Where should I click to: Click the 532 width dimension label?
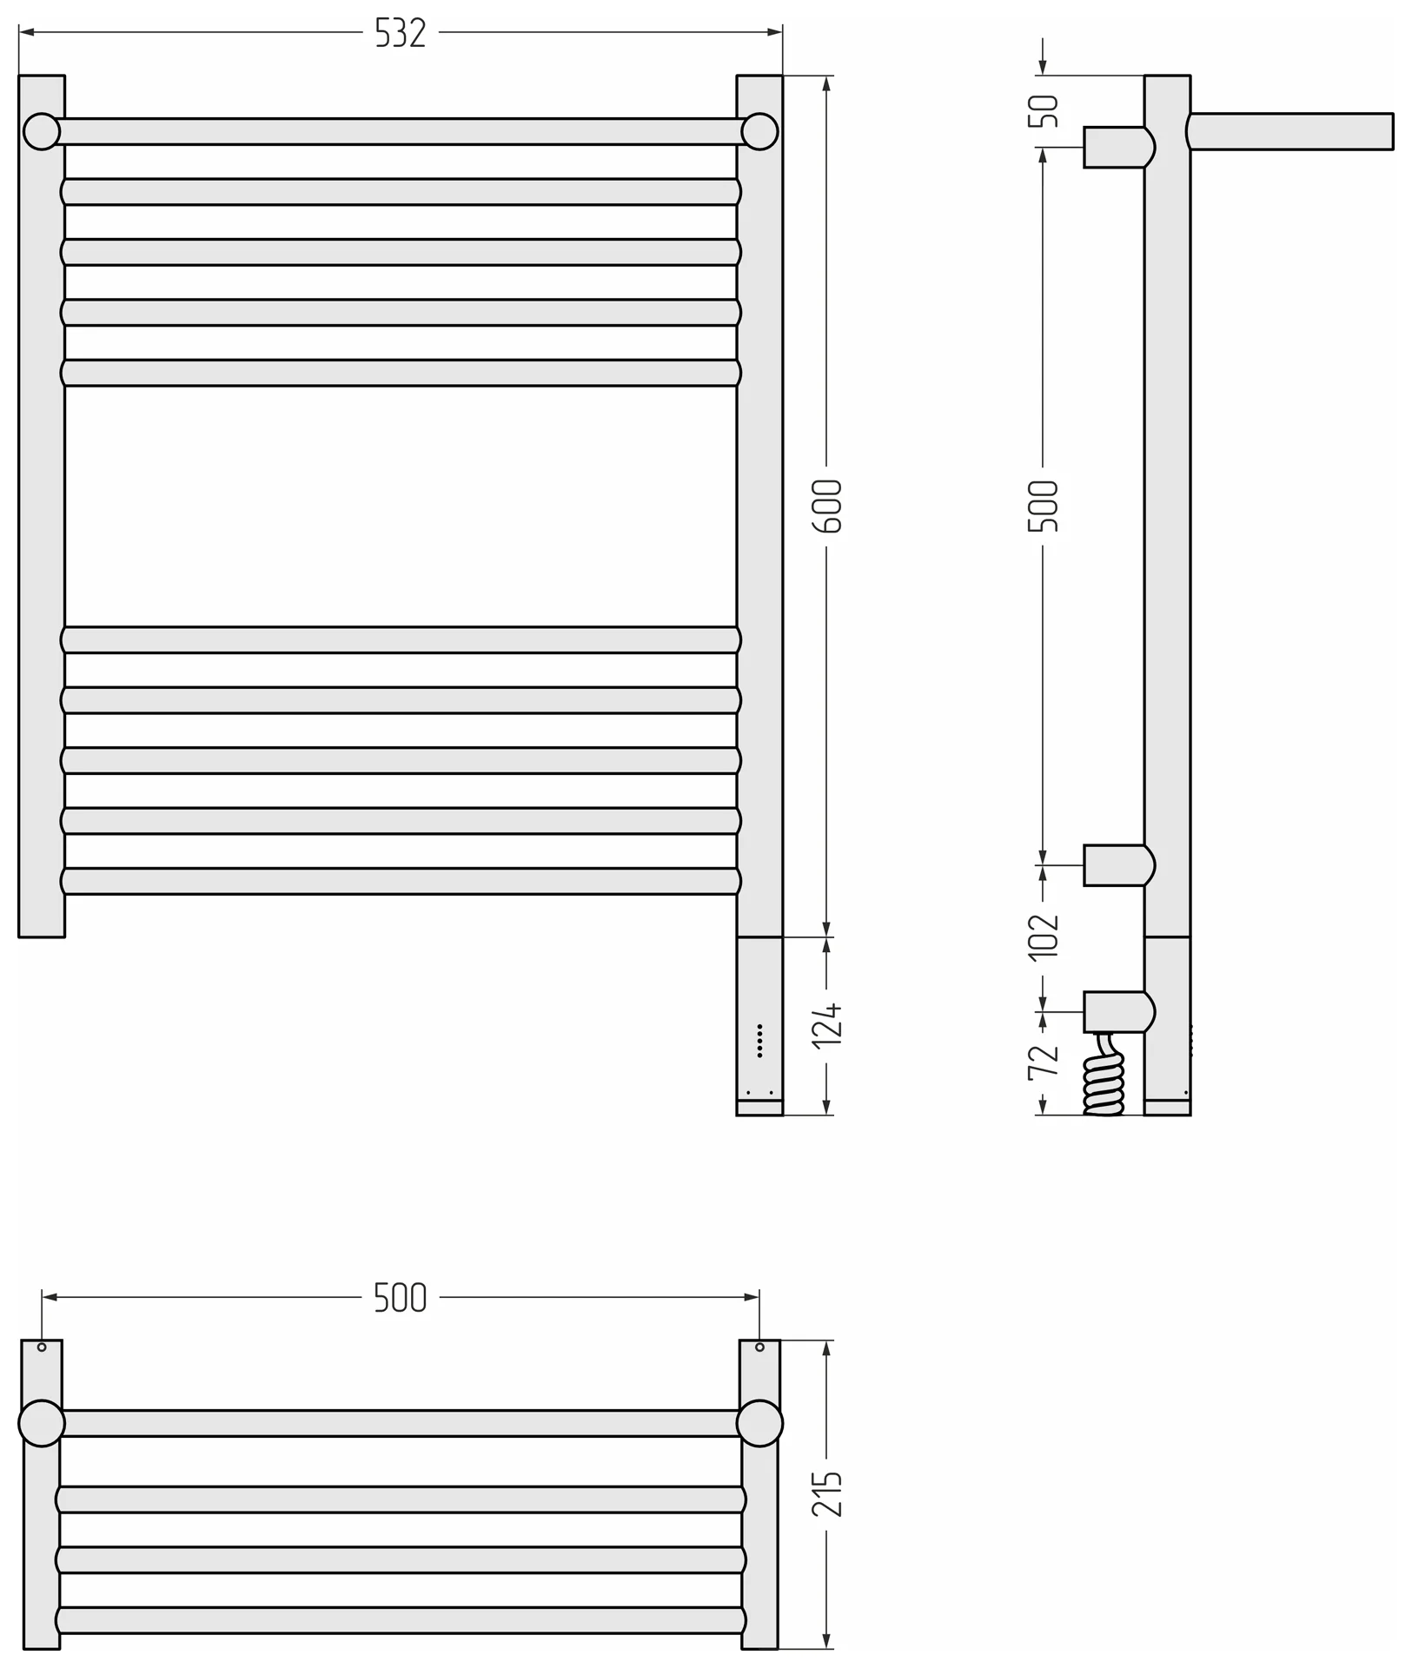tap(401, 33)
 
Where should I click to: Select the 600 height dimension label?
tap(827, 506)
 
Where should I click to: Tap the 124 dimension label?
tap(827, 1025)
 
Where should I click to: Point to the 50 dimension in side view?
tap(1044, 111)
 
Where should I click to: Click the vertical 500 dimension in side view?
tap(1044, 506)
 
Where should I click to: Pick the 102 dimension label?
tap(1044, 937)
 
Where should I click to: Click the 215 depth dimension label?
tap(827, 1493)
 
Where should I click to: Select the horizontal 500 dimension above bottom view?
tap(401, 1297)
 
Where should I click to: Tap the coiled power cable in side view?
tap(1104, 1075)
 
